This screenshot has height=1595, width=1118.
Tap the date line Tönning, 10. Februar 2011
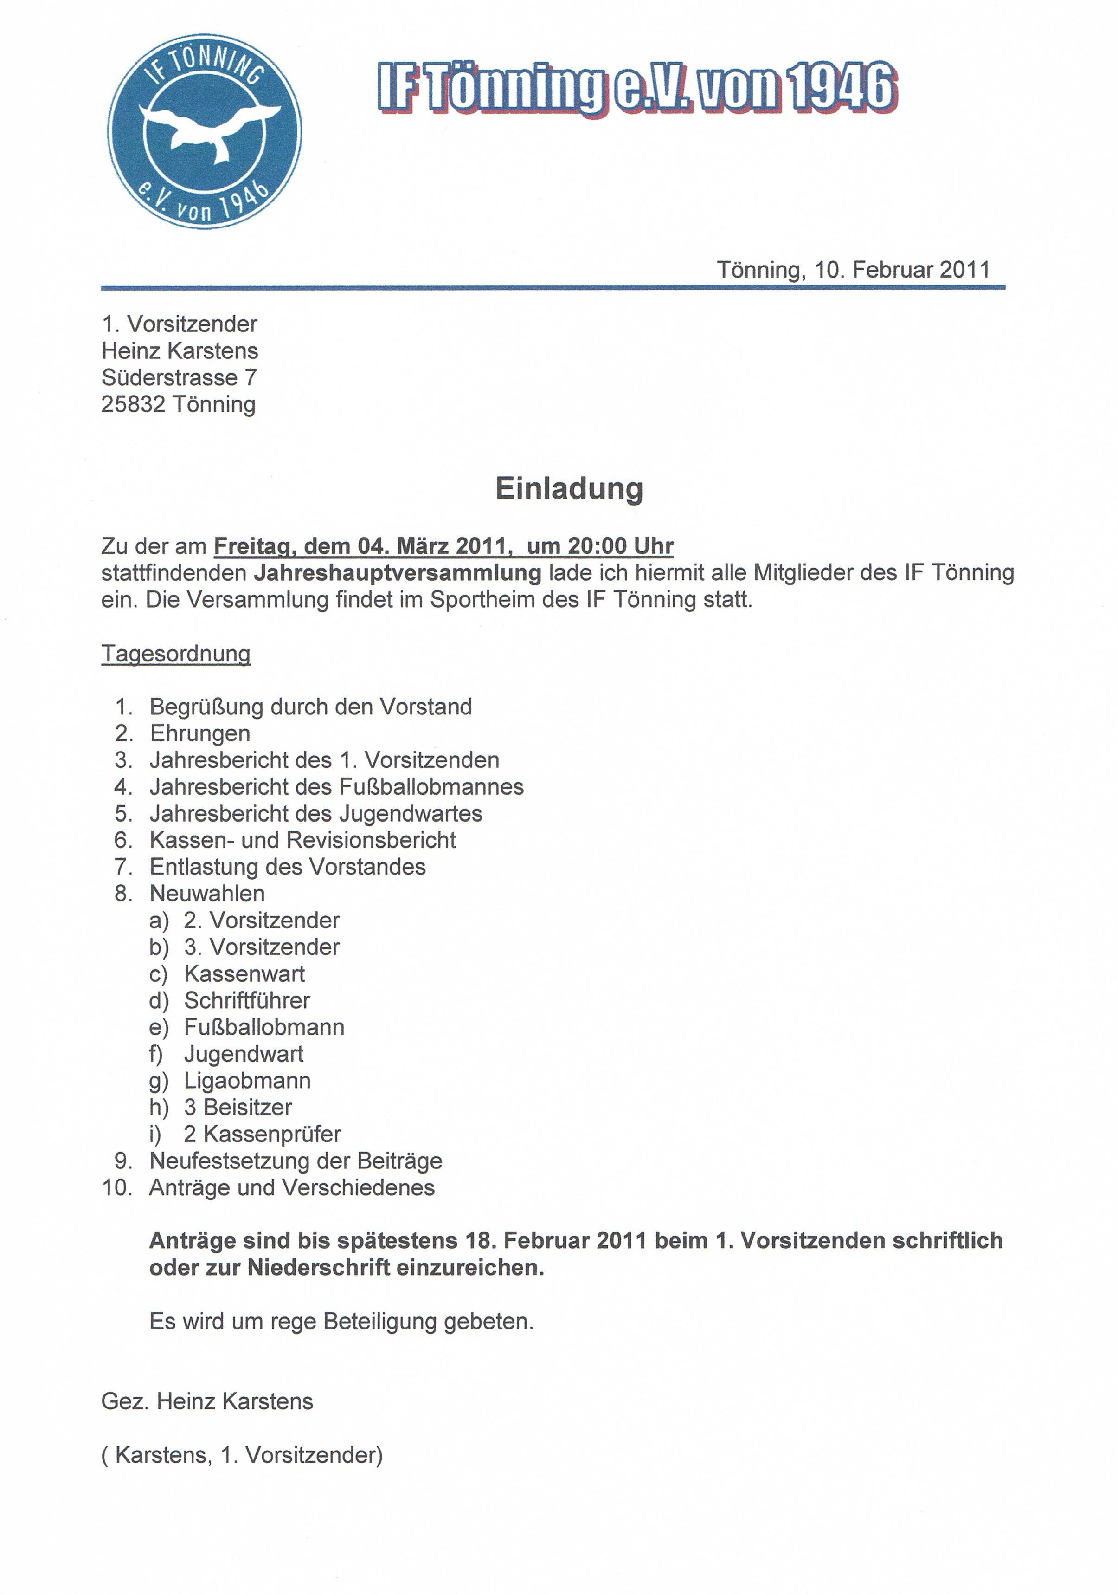point(853,270)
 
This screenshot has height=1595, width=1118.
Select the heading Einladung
point(569,489)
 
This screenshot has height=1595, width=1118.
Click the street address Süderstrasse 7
point(179,377)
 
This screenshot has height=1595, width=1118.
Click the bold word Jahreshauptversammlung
point(397,573)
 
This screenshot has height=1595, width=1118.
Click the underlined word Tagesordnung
point(176,654)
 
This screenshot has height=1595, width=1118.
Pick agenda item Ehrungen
point(200,733)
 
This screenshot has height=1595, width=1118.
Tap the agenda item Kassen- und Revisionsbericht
point(303,841)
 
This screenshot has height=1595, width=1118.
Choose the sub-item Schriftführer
point(246,1001)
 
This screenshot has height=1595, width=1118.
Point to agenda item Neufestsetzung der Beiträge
point(296,1161)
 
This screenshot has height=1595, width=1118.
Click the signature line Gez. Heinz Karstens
point(207,1401)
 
